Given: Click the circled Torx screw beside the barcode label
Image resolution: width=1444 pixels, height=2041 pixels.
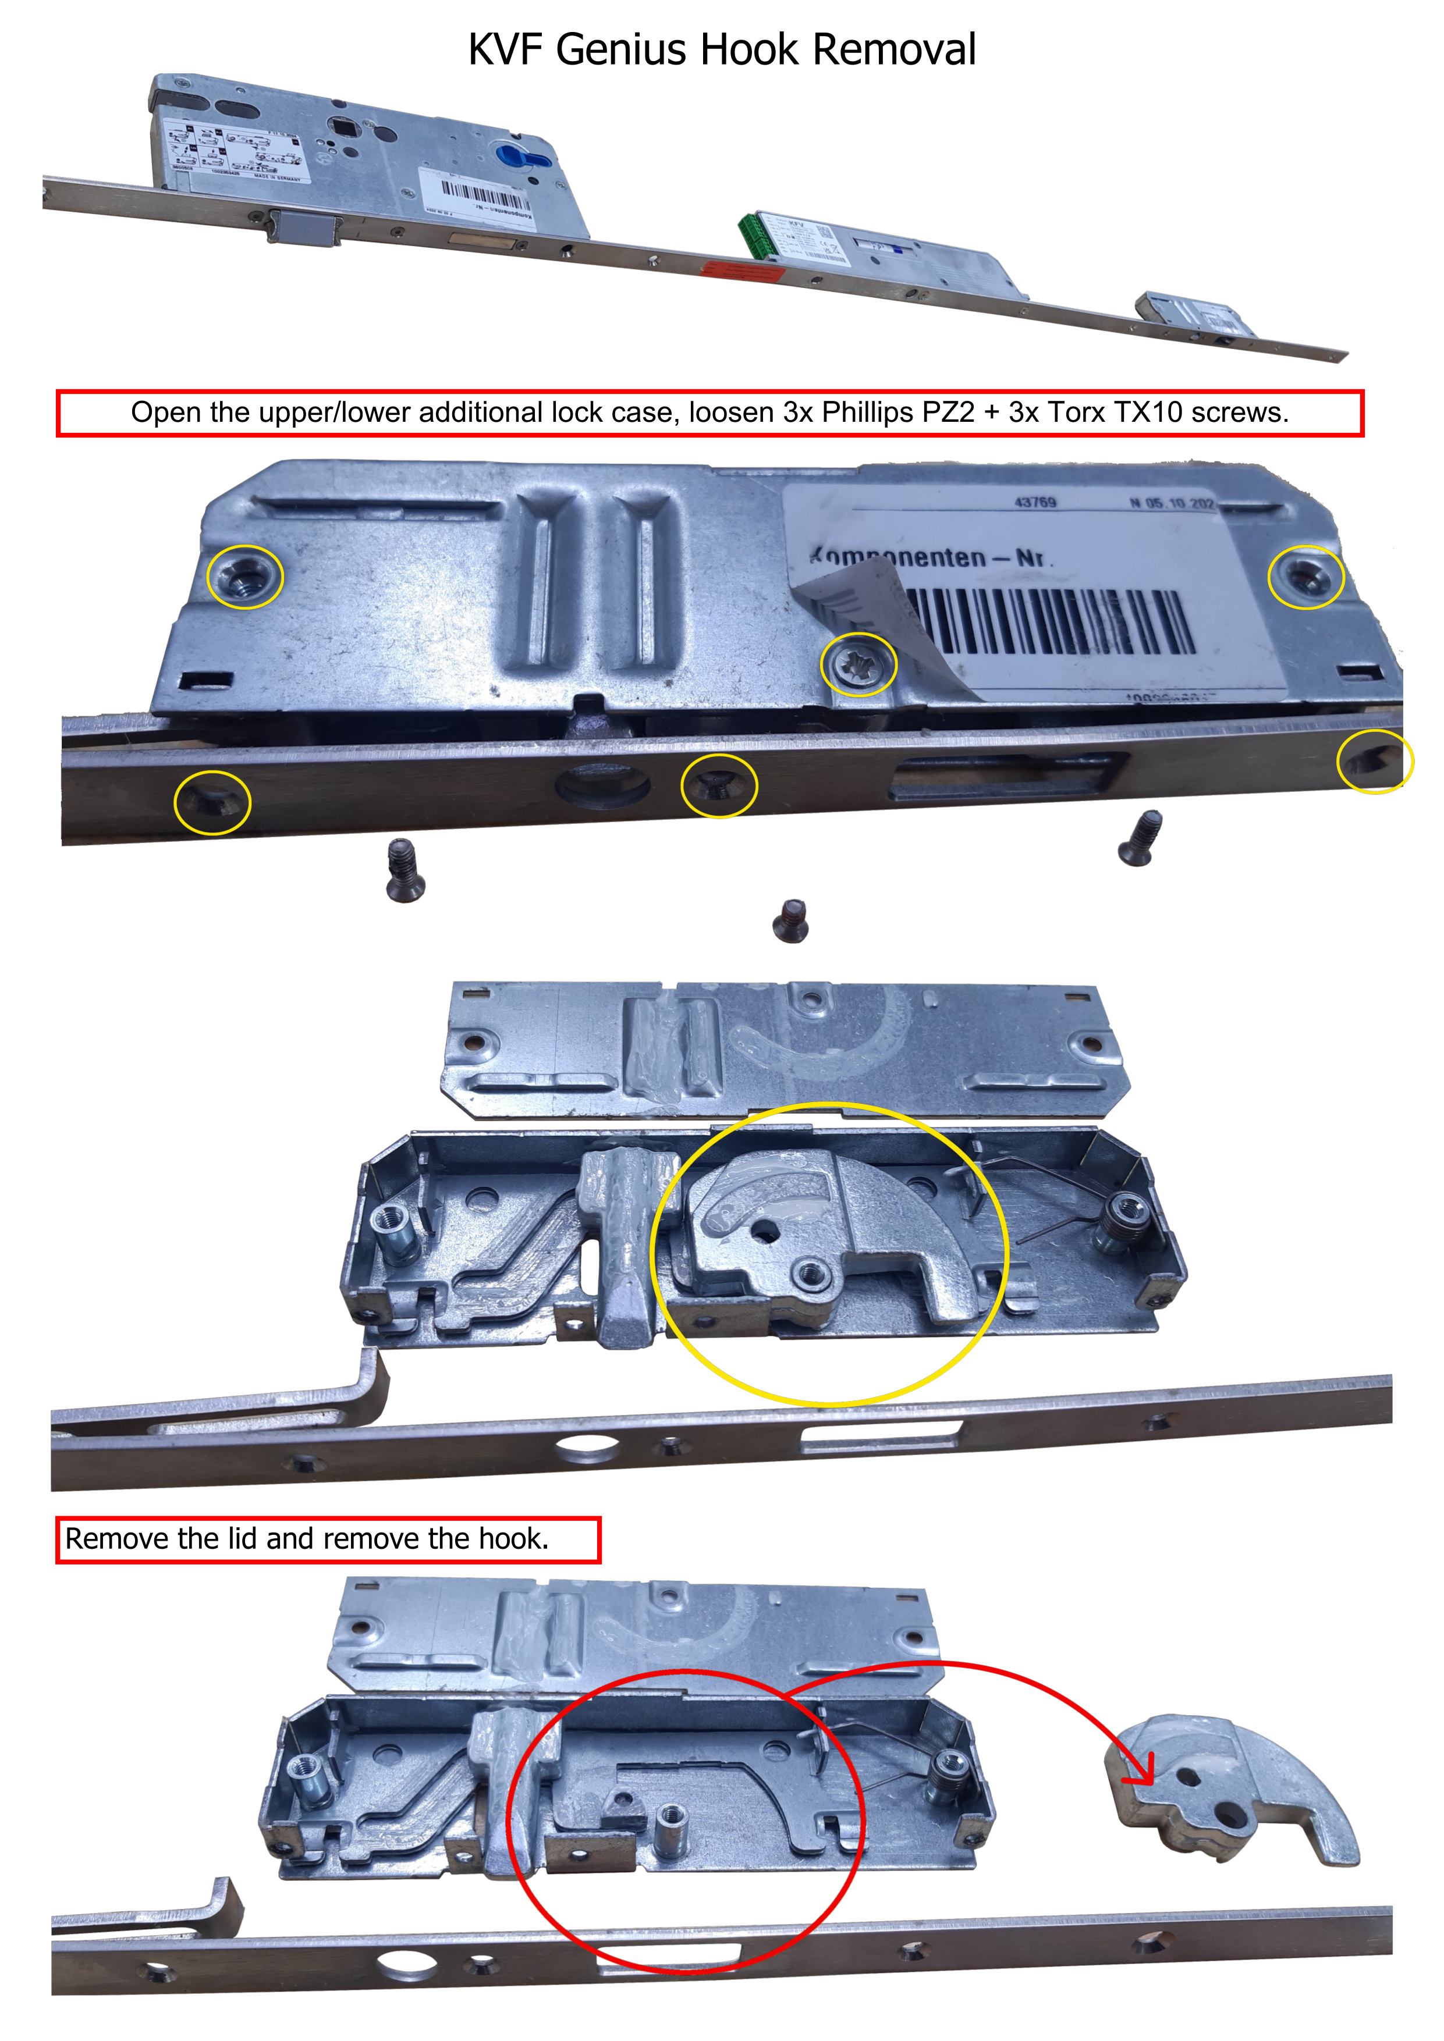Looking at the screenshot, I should pos(858,664).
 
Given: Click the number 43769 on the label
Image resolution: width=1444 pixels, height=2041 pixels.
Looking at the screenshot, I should pos(1035,502).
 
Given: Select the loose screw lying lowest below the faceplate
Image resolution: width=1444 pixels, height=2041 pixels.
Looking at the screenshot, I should pos(790,920).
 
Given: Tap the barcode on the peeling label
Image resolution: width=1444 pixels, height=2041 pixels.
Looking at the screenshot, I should pos(1049,620).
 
